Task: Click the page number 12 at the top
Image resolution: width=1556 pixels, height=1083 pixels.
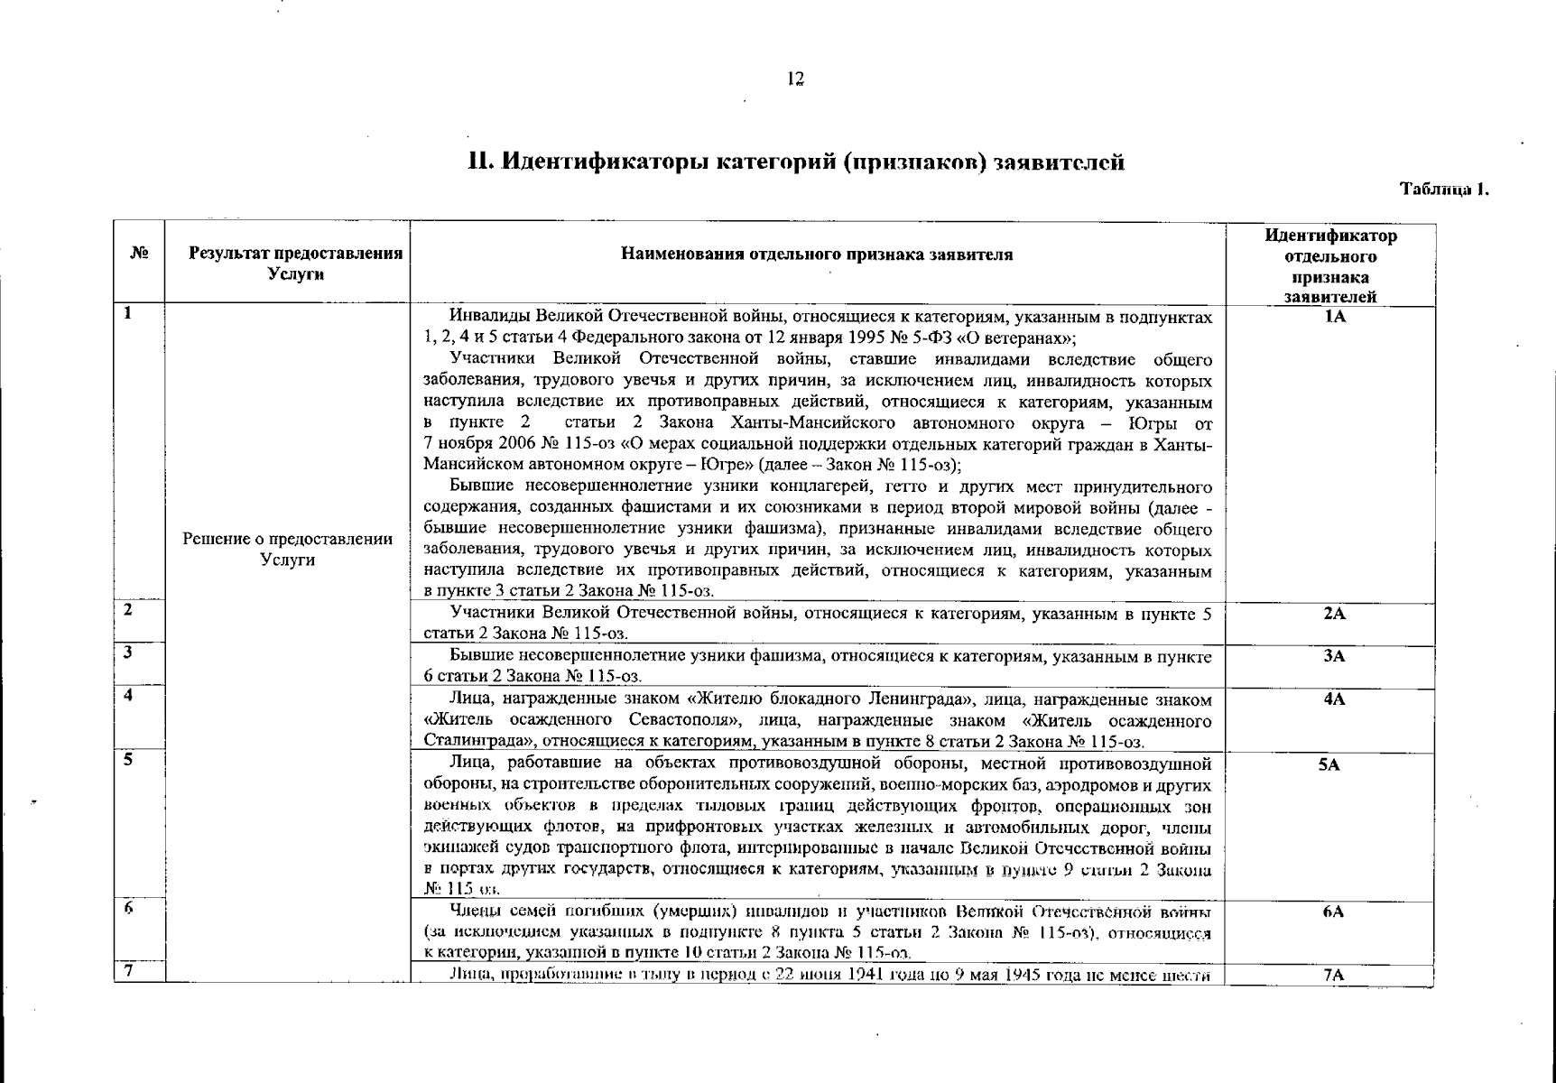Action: click(795, 79)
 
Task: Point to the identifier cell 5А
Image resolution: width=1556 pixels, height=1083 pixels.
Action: click(1329, 764)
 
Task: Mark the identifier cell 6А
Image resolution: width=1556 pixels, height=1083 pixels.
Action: click(1333, 912)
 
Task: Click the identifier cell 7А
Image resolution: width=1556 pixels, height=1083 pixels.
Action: click(1333, 975)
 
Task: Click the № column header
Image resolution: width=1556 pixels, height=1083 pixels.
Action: click(139, 254)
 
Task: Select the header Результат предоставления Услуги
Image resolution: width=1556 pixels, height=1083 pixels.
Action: click(295, 264)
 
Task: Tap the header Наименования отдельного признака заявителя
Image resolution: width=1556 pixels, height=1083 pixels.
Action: click(817, 255)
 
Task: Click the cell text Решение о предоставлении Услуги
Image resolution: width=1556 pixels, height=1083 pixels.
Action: click(288, 549)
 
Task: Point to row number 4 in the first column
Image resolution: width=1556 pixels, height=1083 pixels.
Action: click(129, 695)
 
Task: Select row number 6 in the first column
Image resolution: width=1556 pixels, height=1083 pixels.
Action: click(129, 909)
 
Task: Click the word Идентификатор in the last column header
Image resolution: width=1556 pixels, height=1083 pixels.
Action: click(1330, 236)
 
